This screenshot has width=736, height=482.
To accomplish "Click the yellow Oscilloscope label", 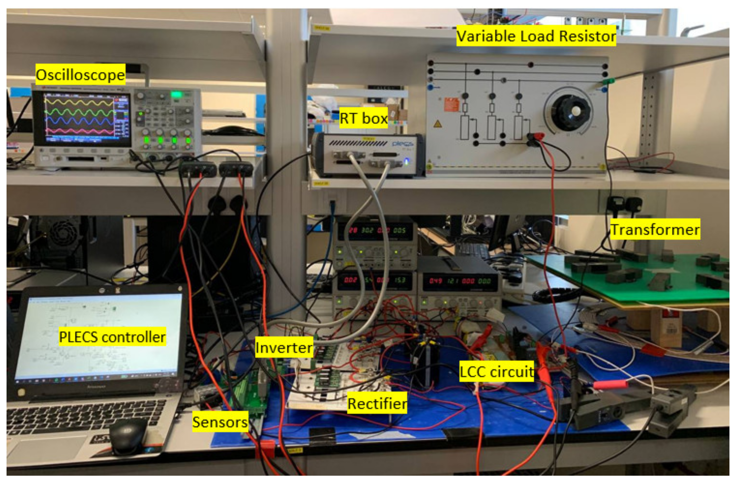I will point(80,75).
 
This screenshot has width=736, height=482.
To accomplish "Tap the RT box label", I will point(363,118).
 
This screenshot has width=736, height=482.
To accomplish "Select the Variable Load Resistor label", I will point(536,36).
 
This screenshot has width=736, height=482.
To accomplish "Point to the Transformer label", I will point(655,230).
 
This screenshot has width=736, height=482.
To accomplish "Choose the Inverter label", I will point(284,348).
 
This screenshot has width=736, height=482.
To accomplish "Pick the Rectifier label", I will point(377,403).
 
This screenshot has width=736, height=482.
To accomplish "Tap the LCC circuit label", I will point(497,371).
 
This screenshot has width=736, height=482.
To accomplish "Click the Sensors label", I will point(220,422).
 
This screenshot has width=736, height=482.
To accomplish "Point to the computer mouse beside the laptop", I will point(128,436).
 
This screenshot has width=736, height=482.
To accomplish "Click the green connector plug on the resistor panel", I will point(608,82).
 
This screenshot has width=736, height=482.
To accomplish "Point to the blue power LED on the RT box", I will point(407,161).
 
